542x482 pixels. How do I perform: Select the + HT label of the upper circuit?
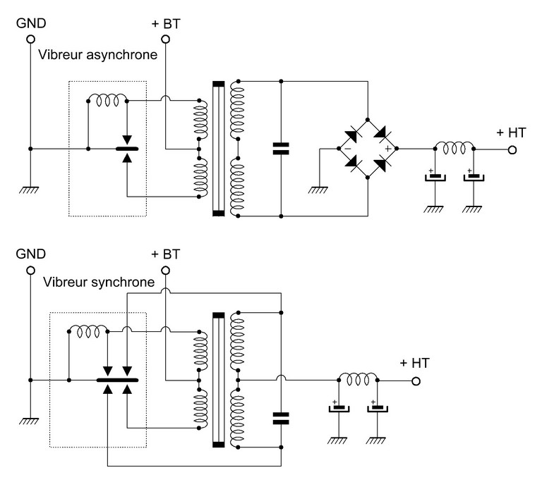(x=510, y=132)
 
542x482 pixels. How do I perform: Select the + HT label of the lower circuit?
(x=414, y=364)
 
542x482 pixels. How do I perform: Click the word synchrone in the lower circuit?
(x=124, y=283)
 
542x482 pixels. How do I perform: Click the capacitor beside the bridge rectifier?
(x=281, y=149)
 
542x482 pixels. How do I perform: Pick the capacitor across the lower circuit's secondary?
(x=281, y=419)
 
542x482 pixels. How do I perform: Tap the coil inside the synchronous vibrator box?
(x=88, y=330)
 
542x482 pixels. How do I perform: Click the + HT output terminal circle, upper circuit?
(x=512, y=150)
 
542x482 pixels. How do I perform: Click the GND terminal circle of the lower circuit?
(x=30, y=271)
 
